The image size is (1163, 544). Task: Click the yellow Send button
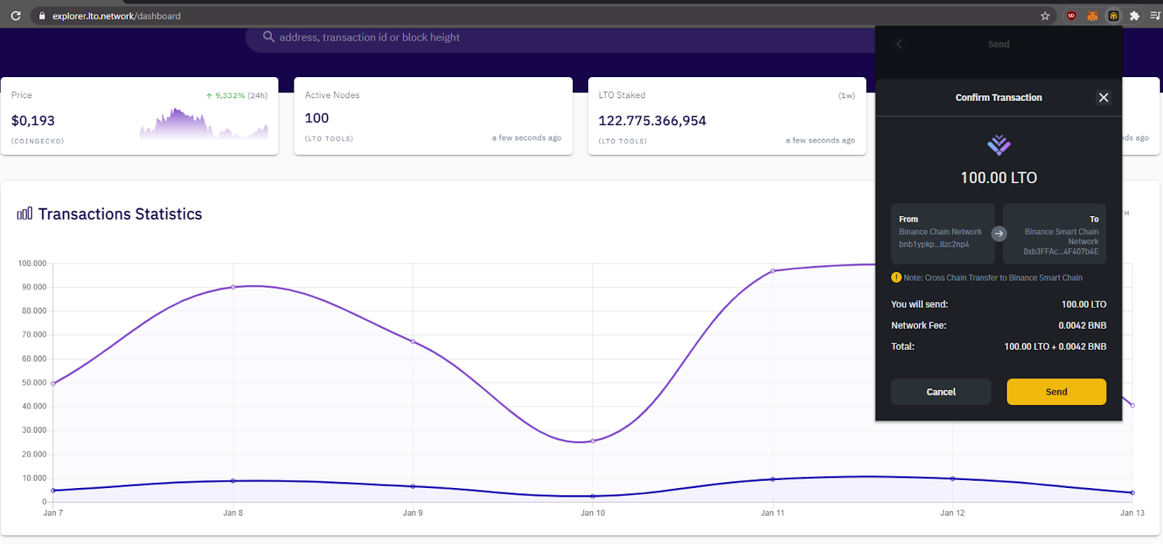point(1056,391)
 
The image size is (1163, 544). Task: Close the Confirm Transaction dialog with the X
point(1103,97)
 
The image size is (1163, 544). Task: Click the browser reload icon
point(15,15)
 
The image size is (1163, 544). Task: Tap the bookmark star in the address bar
point(1045,15)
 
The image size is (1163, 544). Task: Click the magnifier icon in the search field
point(268,36)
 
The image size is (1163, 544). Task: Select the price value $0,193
point(33,121)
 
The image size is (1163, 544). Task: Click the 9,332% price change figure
point(230,95)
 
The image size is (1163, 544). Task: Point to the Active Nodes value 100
point(317,118)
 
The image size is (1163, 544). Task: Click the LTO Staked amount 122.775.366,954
point(652,121)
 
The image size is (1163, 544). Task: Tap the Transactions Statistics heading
point(120,214)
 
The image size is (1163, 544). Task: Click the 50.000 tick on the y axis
point(32,383)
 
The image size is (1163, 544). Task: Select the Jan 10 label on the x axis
point(592,513)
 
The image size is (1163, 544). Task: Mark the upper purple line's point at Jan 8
point(233,287)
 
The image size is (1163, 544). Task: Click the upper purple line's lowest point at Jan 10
point(593,441)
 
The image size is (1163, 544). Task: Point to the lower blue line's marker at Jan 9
point(413,487)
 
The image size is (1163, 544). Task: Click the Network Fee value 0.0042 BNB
point(1082,325)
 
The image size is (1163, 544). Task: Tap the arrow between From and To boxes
point(999,233)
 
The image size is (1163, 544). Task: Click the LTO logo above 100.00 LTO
point(999,145)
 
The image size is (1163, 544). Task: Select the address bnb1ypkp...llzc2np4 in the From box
point(934,244)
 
